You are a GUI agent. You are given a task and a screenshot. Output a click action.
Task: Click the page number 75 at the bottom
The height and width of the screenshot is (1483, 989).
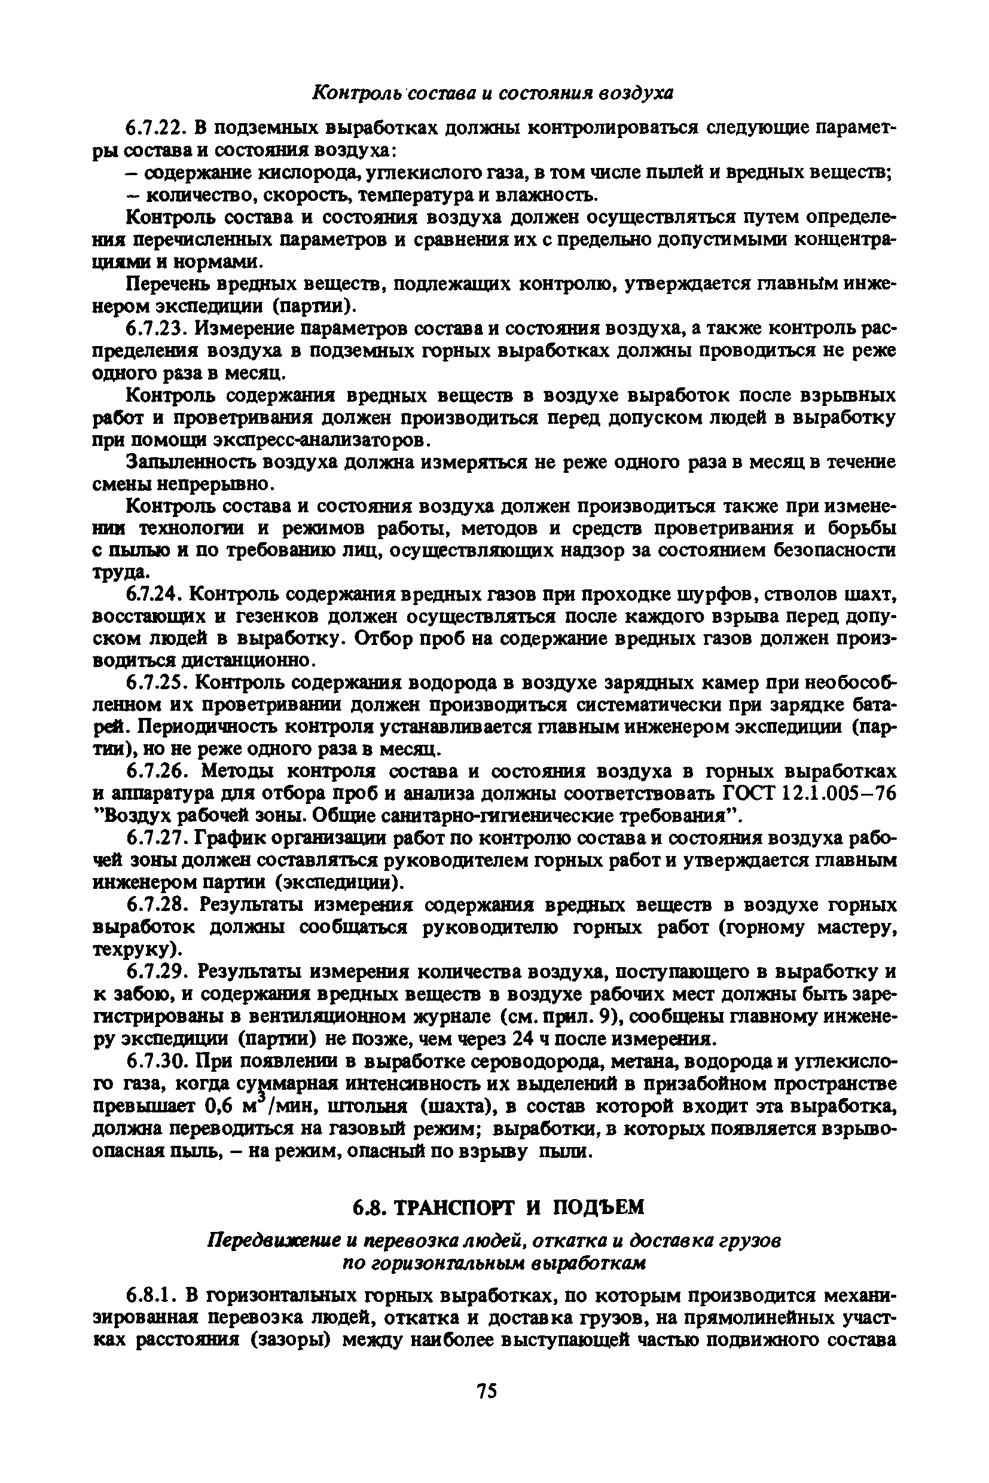pos(487,1391)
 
